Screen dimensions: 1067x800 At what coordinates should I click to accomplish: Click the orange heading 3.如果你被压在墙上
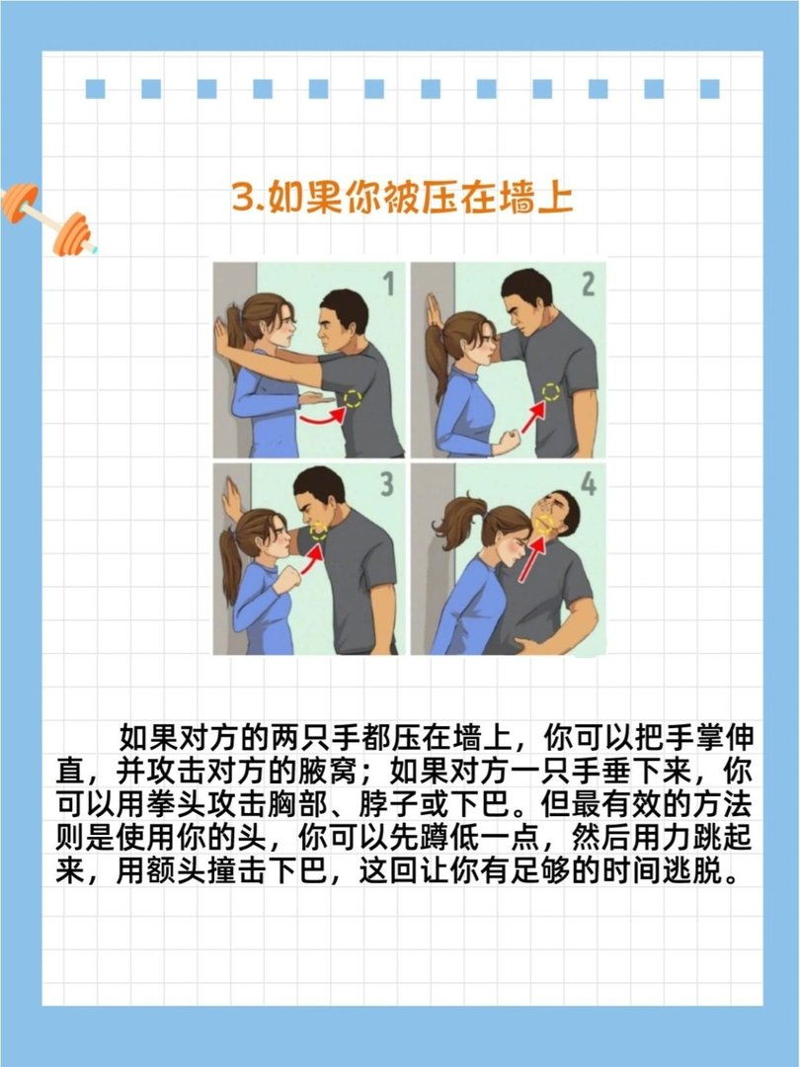point(402,197)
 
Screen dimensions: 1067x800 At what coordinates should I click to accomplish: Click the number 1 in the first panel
point(387,286)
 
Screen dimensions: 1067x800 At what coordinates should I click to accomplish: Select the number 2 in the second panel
point(588,286)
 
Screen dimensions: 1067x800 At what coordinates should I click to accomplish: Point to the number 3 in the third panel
point(387,484)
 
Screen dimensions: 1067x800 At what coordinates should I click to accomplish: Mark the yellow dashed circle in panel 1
point(351,398)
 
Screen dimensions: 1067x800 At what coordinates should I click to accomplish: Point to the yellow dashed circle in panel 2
point(550,391)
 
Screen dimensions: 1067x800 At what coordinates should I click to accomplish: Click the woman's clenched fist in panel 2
point(507,442)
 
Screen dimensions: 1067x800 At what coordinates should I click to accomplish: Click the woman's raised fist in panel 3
point(285,578)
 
